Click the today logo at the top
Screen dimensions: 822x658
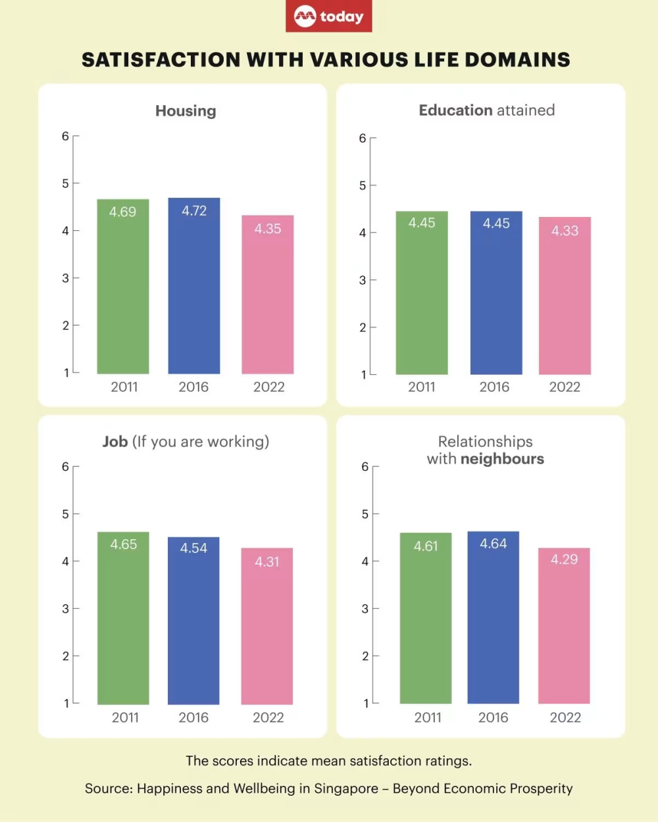point(329,16)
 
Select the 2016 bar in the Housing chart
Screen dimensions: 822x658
point(194,289)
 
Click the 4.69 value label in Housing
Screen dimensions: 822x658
point(123,212)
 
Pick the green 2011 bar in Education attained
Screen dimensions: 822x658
point(422,296)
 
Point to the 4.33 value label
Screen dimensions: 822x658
point(565,231)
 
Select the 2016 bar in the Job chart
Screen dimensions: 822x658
point(193,625)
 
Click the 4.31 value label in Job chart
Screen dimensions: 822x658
point(267,562)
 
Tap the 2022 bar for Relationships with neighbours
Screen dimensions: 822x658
point(564,628)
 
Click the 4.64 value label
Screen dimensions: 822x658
point(493,544)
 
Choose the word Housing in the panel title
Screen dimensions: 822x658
point(186,111)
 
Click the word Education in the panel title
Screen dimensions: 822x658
point(455,110)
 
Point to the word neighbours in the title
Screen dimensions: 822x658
point(502,459)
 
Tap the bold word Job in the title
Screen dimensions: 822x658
point(115,442)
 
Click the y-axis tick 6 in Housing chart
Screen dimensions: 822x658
point(66,136)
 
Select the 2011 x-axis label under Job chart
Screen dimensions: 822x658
point(125,717)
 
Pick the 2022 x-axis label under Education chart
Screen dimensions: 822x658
point(565,387)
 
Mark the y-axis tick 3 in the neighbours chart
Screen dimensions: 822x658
point(365,609)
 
